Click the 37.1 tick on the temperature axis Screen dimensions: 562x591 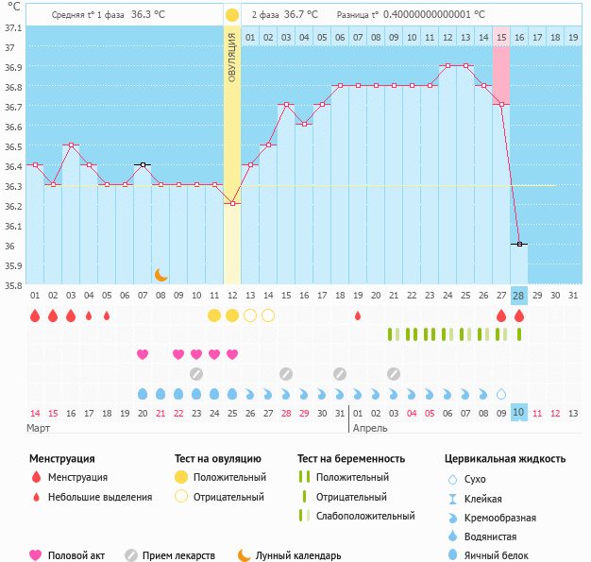coord(12,27)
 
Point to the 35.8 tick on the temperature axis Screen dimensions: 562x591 coord(12,285)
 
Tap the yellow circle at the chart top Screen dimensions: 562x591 coord(232,15)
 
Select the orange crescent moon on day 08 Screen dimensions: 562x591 coord(161,274)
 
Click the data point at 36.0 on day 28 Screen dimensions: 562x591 coord(518,244)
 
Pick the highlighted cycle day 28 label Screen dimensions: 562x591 coord(518,296)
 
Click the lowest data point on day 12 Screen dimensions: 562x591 coord(232,203)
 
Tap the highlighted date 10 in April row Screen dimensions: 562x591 coord(518,413)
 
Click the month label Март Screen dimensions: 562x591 coord(39,428)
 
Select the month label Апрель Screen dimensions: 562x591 coord(369,428)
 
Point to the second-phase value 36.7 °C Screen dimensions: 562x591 coord(301,15)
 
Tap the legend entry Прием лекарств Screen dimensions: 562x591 coord(178,555)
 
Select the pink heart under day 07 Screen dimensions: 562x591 coord(143,354)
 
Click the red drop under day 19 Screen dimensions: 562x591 coord(358,315)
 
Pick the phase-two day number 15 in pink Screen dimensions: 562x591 coord(500,37)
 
